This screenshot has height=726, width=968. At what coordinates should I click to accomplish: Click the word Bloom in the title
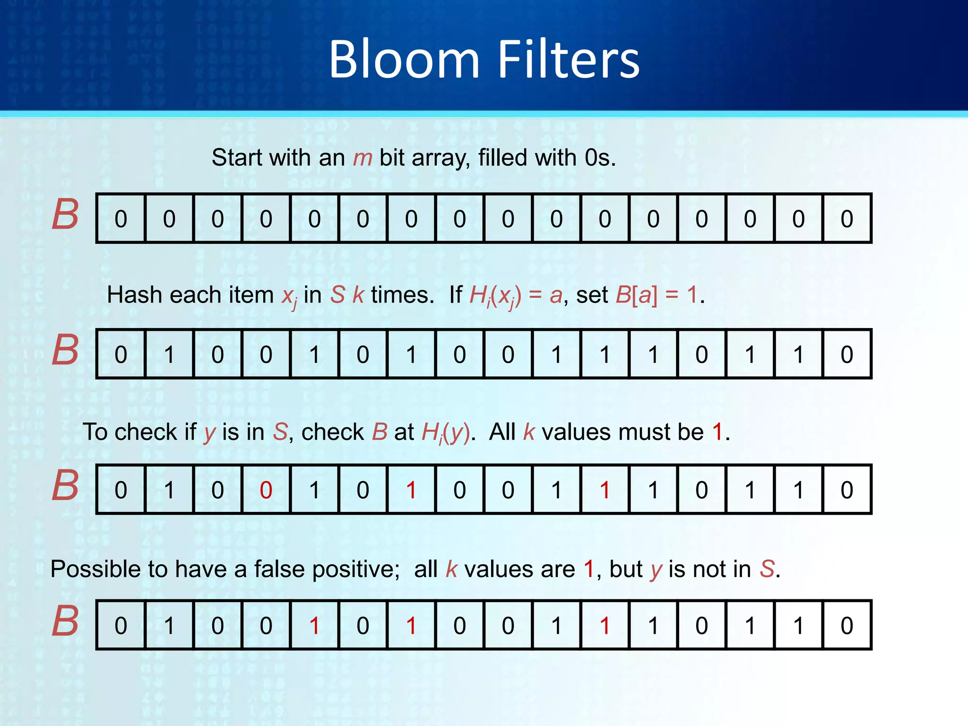click(x=404, y=60)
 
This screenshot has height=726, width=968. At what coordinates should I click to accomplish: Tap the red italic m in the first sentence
click(x=363, y=158)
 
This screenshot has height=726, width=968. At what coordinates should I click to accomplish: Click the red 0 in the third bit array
click(x=266, y=490)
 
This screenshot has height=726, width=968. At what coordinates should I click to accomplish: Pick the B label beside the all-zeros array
click(x=65, y=215)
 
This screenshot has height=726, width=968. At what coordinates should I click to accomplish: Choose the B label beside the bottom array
click(x=65, y=621)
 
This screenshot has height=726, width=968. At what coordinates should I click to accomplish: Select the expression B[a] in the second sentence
click(x=636, y=295)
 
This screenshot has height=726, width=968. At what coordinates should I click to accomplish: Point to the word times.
click(x=402, y=295)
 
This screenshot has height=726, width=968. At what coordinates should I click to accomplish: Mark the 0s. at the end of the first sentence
click(x=600, y=158)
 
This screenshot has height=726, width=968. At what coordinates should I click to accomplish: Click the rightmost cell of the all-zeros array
click(x=847, y=219)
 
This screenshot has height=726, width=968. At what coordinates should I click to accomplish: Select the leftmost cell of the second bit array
click(x=121, y=354)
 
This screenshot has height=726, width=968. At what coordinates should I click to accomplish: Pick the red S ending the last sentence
click(x=767, y=569)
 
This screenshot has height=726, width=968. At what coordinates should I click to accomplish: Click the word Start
click(x=237, y=158)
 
